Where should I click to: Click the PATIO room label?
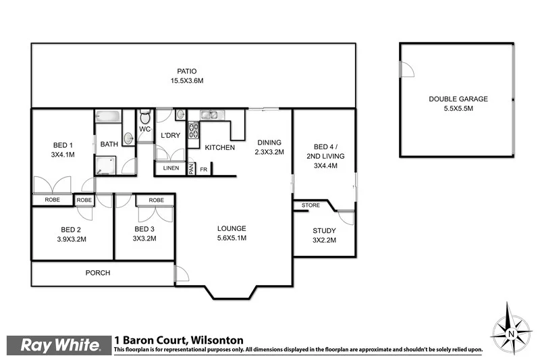(x=187, y=71)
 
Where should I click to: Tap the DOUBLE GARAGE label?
(x=458, y=99)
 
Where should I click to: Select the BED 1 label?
(x=63, y=145)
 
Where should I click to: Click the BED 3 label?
(x=144, y=229)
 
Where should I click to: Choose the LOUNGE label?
(x=232, y=228)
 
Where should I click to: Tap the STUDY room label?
(x=324, y=230)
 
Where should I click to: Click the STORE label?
(x=310, y=205)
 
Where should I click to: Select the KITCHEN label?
(x=219, y=147)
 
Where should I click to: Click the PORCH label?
(x=97, y=273)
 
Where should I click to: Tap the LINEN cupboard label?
(x=171, y=168)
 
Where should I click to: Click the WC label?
(x=144, y=128)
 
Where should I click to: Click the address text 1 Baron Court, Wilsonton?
(x=179, y=340)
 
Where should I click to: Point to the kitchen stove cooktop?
(x=193, y=128)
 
